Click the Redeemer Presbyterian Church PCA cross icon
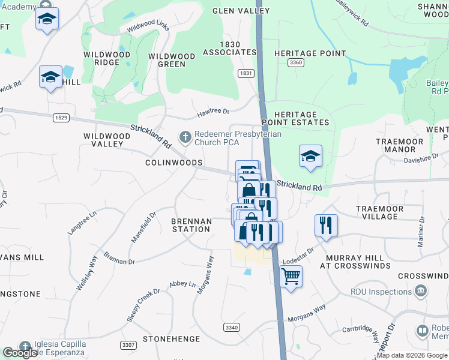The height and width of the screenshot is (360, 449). coord(185,137)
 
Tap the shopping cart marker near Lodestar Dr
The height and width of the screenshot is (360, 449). coord(291,277)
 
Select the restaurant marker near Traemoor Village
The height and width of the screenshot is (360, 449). coord(326,226)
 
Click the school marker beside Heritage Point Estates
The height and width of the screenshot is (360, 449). coord(310,156)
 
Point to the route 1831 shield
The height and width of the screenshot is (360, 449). coord(245,73)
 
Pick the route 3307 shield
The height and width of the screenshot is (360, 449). coord(127,345)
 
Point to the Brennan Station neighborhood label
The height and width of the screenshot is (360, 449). coord(191,225)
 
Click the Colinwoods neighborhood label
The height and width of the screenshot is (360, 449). coord(173,163)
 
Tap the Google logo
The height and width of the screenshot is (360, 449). coord(20,353)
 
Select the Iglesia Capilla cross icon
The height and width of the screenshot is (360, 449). coord(25,346)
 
